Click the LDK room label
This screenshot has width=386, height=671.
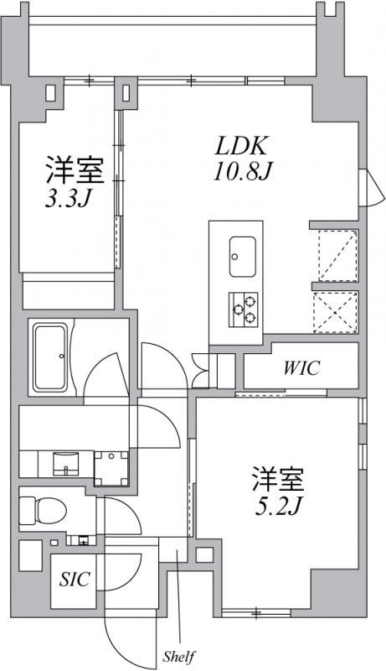pyautogui.click(x=243, y=147)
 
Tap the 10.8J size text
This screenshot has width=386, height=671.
pyautogui.click(x=243, y=173)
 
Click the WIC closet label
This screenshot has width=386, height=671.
pyautogui.click(x=300, y=368)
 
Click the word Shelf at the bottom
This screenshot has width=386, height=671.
pyautogui.click(x=179, y=653)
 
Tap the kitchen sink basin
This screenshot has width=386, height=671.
pyautogui.click(x=243, y=251)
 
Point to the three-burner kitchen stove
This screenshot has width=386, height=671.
pyautogui.click(x=243, y=307)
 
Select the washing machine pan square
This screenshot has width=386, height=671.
pyautogui.click(x=111, y=467)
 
